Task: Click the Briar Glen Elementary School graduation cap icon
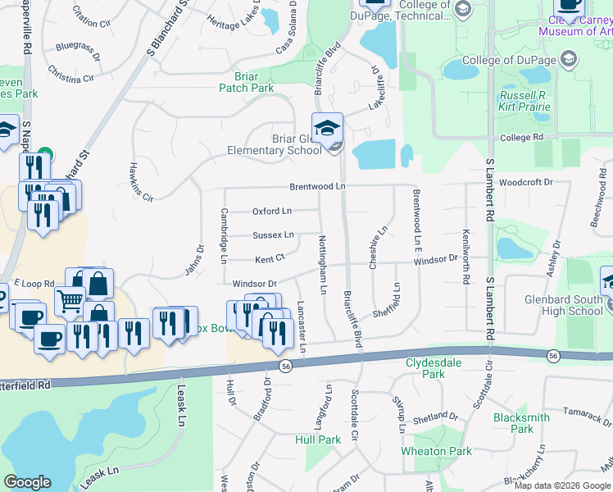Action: (327, 129)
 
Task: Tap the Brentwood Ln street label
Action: (317, 187)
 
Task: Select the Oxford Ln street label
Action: (272, 211)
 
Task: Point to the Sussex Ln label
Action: (273, 235)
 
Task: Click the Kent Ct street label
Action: (270, 259)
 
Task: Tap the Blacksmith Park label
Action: (521, 423)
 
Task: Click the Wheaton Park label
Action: (436, 451)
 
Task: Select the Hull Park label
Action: (318, 440)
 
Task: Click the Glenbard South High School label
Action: (563, 305)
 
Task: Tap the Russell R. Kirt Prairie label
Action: (529, 100)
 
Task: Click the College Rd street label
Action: (521, 138)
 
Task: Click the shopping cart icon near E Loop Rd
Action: (70, 301)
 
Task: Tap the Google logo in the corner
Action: (27, 482)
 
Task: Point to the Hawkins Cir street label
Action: (141, 181)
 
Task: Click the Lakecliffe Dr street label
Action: (375, 88)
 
